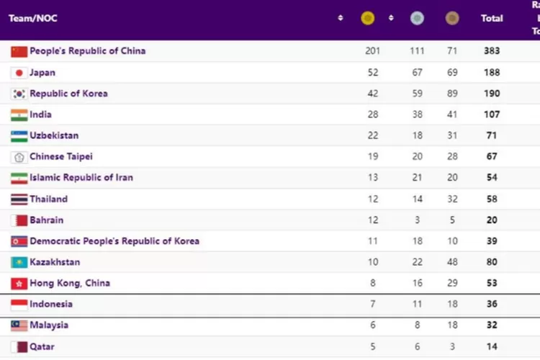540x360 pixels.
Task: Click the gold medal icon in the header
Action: coord(368,18)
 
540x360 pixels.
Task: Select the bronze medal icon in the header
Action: coord(451,18)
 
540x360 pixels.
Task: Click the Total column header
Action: coord(492,18)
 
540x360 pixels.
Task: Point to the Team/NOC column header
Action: coord(32,18)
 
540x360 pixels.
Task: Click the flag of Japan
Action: coord(19,73)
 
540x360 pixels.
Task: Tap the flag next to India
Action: coord(19,114)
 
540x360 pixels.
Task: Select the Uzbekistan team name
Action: coord(54,135)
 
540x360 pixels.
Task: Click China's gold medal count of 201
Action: coord(372,51)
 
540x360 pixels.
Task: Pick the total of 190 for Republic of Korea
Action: coord(492,94)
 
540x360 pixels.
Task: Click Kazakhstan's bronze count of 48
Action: coord(452,262)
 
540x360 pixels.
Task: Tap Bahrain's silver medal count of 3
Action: coord(417,220)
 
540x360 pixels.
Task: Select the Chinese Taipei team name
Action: coord(60,156)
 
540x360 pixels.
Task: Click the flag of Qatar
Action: coord(19,346)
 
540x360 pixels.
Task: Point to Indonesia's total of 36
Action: coord(492,304)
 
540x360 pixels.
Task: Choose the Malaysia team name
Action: coord(49,325)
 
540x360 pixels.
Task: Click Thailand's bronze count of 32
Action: coord(452,199)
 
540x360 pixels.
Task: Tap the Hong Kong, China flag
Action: coord(19,283)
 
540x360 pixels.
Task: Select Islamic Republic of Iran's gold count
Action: coord(372,178)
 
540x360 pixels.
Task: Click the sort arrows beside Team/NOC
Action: coord(341,18)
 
